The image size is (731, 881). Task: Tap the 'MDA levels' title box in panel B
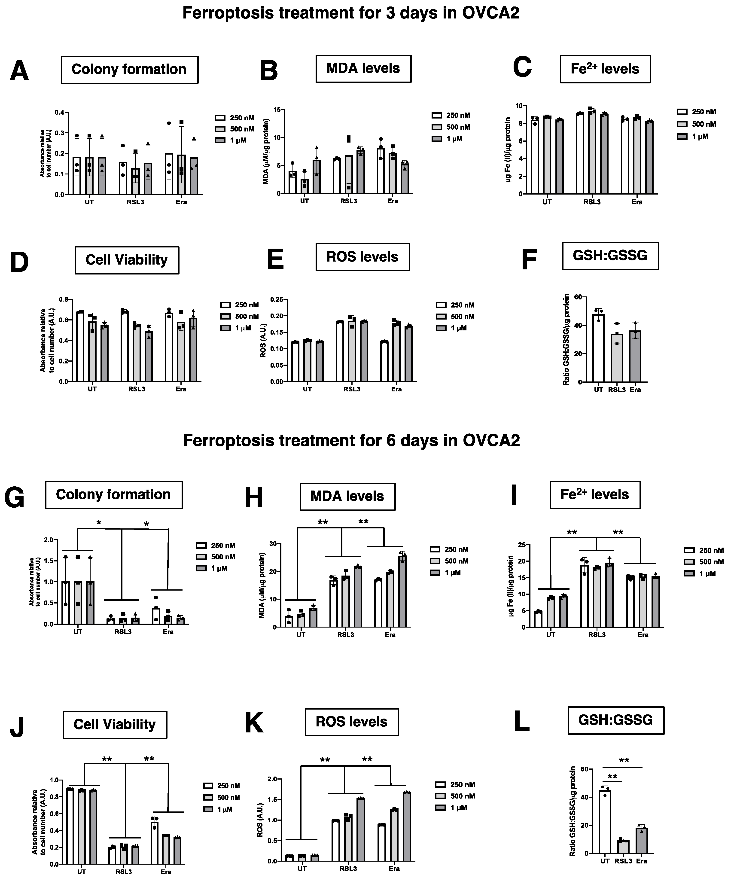point(363,68)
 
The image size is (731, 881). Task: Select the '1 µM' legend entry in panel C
point(692,136)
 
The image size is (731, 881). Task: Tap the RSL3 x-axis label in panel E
point(351,389)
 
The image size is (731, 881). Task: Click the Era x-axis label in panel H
point(390,635)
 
